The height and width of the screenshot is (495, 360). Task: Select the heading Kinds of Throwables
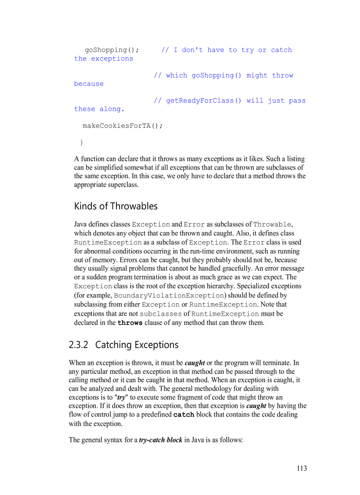[x=116, y=206]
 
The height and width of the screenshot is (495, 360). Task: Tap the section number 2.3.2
[x=79, y=345]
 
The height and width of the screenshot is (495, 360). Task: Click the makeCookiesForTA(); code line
[x=123, y=126]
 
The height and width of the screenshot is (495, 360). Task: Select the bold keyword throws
[x=130, y=323]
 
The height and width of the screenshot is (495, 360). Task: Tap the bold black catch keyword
[x=184, y=415]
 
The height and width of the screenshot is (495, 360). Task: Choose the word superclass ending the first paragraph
[x=122, y=185]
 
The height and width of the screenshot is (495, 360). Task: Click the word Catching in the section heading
[x=113, y=345]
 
